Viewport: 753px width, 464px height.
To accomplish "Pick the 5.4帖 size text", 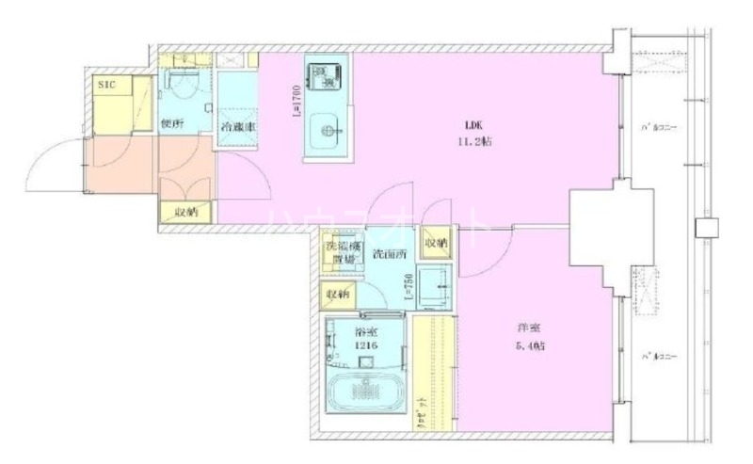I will coord(531,346).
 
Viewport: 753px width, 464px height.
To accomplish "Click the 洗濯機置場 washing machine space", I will coord(342,252).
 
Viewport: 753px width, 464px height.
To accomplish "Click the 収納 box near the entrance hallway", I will coord(186,213).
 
